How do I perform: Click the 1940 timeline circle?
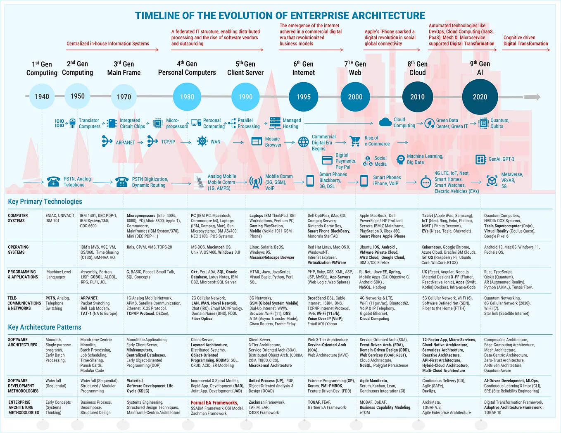coord(42,97)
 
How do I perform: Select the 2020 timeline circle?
coord(480,97)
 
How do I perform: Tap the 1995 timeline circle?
coord(303,97)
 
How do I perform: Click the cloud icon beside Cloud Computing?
coord(385,122)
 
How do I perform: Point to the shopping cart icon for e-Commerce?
coord(355,141)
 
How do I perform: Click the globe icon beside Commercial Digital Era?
coord(304,142)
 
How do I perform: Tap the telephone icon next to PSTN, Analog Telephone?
coord(53,182)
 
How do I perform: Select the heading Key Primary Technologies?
coord(45,202)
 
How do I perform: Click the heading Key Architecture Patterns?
coord(45,327)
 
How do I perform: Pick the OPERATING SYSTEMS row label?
coord(19,250)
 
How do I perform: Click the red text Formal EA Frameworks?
coord(214,403)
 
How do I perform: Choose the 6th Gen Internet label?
coord(303,68)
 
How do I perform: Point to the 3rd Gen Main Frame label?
coord(124,68)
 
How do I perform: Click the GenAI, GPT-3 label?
coord(501,159)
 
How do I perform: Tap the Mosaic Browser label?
coord(273,142)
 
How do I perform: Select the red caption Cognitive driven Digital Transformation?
coord(525,40)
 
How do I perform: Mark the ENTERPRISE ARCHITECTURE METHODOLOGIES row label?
coord(24,407)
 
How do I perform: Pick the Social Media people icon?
coord(367,161)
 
